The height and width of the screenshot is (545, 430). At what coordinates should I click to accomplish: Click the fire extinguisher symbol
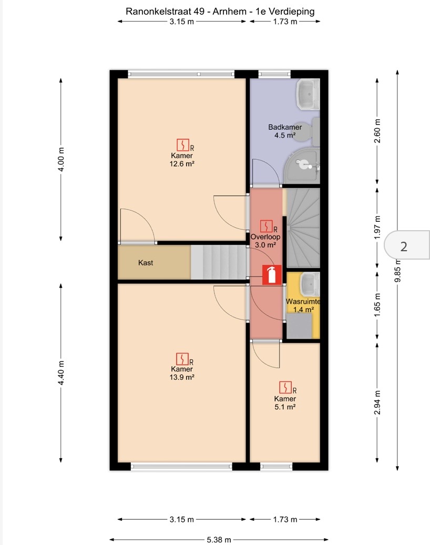[x=272, y=275]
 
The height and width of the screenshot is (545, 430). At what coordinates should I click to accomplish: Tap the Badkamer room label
[x=285, y=127]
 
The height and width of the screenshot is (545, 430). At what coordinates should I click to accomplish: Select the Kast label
[x=145, y=263]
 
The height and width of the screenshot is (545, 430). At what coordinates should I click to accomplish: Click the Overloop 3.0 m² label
[x=265, y=241]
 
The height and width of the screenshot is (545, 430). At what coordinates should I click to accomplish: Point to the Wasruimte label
[x=303, y=302]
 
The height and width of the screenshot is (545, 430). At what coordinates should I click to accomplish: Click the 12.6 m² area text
[x=182, y=163]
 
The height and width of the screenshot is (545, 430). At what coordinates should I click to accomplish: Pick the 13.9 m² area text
[x=182, y=377]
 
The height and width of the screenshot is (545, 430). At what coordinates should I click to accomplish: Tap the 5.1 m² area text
[x=285, y=407]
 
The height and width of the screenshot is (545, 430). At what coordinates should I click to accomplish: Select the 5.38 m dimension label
[x=219, y=540]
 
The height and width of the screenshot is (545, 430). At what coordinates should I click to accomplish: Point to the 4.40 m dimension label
[x=61, y=373]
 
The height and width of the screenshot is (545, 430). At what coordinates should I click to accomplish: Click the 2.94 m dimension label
[x=377, y=403]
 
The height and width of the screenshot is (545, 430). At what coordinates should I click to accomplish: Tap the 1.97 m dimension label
[x=377, y=228]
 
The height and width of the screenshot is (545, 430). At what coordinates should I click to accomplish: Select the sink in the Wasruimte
[x=310, y=284]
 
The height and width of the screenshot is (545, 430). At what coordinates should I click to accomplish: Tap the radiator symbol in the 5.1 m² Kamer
[x=286, y=387]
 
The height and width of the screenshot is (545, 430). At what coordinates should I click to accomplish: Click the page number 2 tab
[x=407, y=245]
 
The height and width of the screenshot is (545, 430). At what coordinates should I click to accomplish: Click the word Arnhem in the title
[x=229, y=12]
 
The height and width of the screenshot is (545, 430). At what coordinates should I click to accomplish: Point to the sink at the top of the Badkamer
[x=308, y=94]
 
